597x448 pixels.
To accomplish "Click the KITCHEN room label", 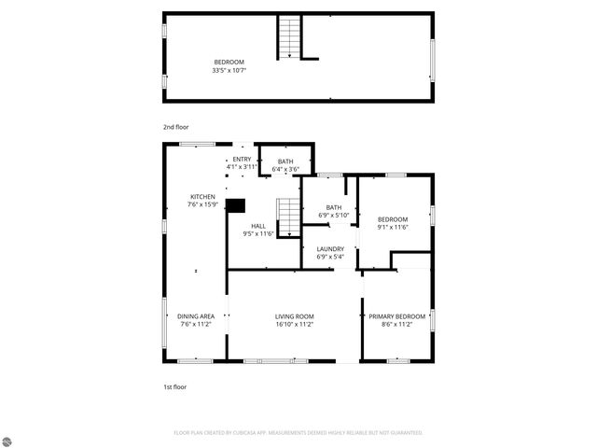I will click(x=202, y=197).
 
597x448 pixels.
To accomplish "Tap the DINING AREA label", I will click(x=196, y=316).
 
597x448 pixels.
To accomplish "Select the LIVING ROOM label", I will click(x=294, y=316).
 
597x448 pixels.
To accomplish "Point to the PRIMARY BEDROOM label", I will click(x=396, y=316).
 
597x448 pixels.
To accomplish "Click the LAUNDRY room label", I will click(x=330, y=248).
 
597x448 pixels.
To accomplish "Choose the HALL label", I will click(x=258, y=226).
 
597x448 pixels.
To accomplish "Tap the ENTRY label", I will click(x=242, y=159).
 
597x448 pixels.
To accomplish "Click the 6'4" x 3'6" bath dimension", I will click(x=285, y=169).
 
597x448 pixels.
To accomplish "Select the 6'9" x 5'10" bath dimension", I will click(x=334, y=216).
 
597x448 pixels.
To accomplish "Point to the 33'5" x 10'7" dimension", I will click(x=229, y=69).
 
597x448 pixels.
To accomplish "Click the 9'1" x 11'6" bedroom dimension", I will click(x=394, y=226).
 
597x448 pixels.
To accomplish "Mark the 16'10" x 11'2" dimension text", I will click(x=294, y=324).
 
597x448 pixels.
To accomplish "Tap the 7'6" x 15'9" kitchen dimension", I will click(x=202, y=204).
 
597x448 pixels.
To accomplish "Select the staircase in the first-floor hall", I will click(x=288, y=217).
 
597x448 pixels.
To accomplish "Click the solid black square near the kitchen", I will click(x=236, y=205).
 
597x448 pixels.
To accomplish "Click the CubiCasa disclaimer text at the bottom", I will click(x=298, y=433).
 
